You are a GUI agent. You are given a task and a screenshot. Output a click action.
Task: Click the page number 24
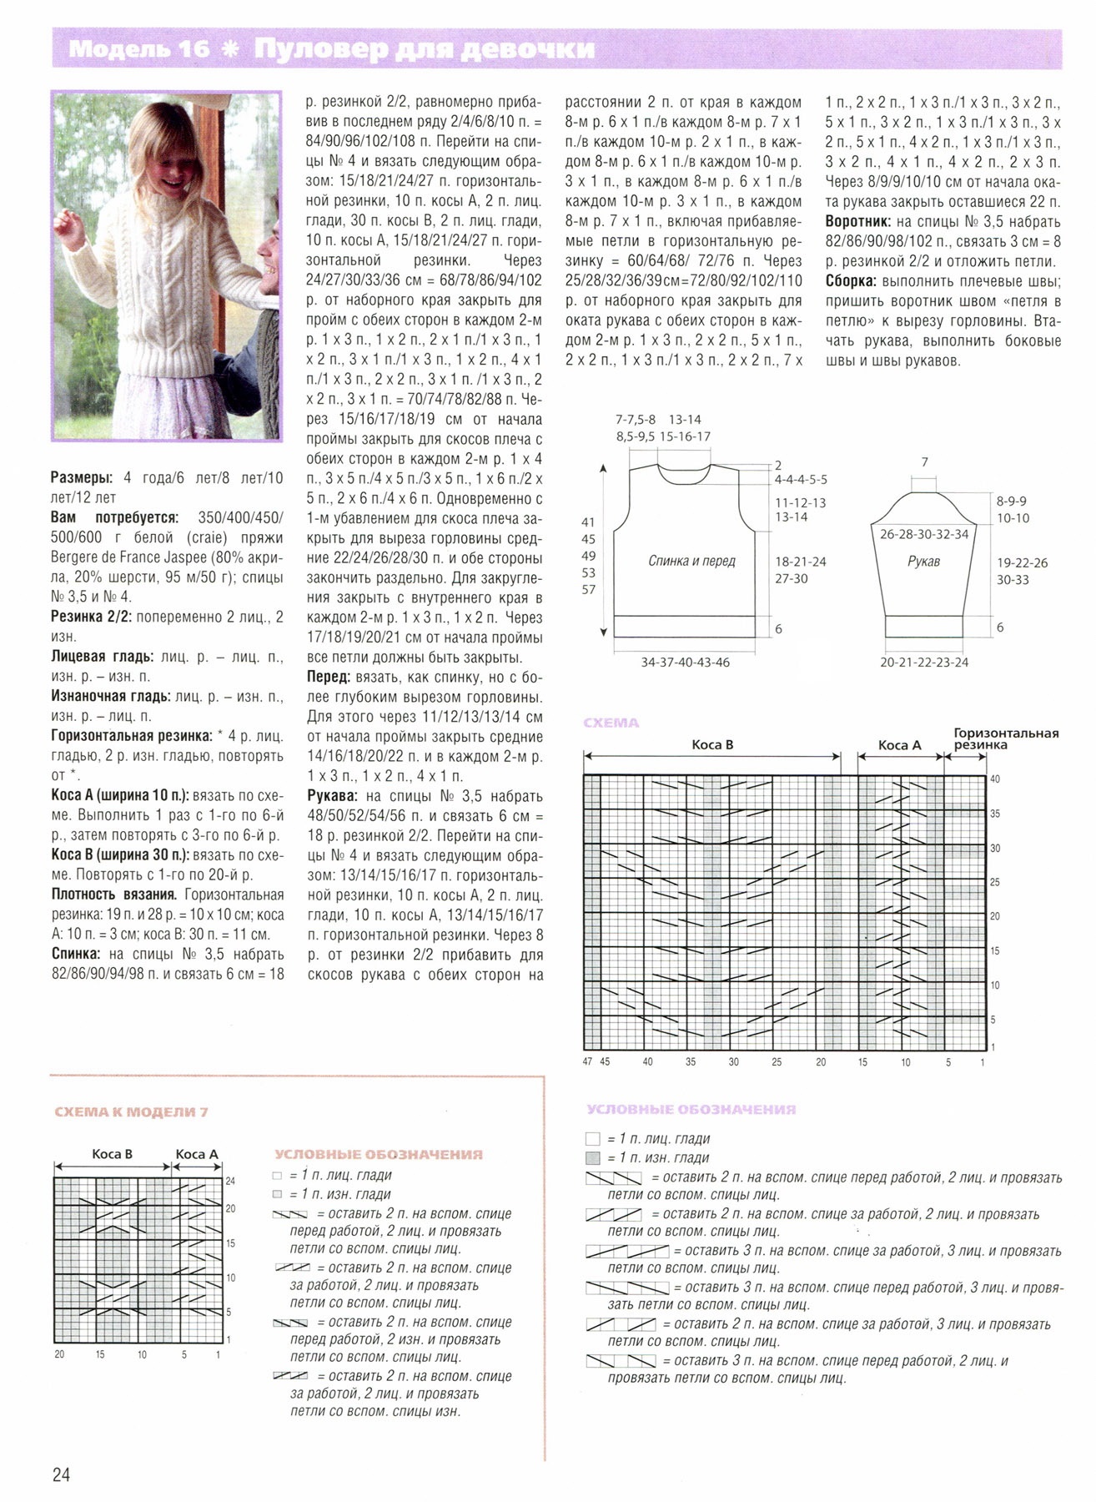[x=61, y=1474]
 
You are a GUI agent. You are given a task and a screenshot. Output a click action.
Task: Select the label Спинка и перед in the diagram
[x=691, y=561]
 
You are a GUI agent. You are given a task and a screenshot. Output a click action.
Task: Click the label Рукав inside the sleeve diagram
[x=923, y=562]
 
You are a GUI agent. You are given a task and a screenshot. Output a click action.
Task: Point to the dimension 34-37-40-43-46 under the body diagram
[x=685, y=663]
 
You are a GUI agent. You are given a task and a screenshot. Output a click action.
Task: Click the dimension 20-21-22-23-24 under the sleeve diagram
[x=924, y=663]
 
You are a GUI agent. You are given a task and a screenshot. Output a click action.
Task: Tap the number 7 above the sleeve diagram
[x=924, y=461]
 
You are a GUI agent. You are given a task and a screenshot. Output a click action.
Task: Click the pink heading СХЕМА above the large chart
[x=611, y=723]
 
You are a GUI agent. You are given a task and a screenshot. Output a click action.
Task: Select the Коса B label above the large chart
[x=712, y=744]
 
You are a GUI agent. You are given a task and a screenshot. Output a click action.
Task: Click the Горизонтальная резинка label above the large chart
[x=1006, y=738]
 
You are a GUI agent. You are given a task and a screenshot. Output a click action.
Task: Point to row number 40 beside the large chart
[x=995, y=779]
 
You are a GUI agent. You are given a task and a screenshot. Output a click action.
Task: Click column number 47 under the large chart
[x=587, y=1062]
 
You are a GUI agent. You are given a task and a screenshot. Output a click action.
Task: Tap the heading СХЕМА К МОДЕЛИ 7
[x=131, y=1112]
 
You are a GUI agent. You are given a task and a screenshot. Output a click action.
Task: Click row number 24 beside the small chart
[x=230, y=1181]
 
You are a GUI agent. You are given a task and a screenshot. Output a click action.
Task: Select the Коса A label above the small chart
[x=197, y=1154]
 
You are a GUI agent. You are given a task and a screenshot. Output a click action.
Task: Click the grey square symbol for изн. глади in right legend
[x=593, y=1158]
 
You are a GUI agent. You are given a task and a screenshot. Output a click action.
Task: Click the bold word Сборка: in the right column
[x=851, y=280]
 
